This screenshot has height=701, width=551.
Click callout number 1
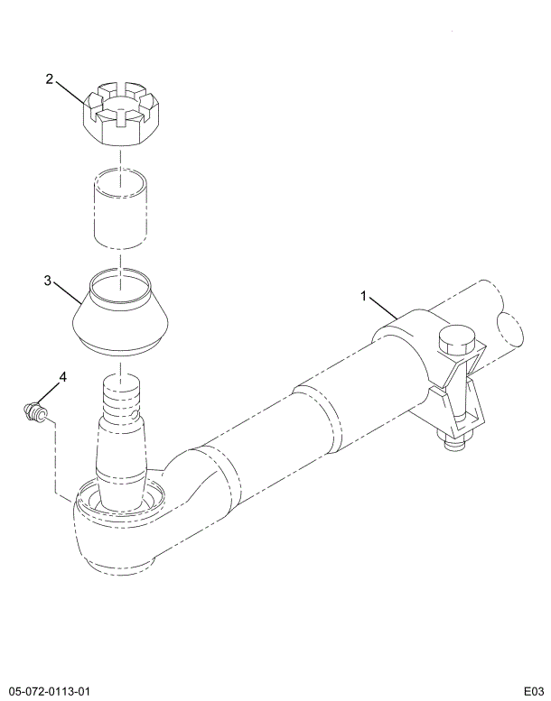364,296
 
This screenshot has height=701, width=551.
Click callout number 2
50,79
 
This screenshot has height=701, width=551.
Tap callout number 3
48,281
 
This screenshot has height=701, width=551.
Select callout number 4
62,377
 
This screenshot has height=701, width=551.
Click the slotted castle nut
120,114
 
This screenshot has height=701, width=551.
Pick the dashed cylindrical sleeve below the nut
120,208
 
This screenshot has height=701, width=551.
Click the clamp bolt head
457,340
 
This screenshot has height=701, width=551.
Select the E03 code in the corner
535,691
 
